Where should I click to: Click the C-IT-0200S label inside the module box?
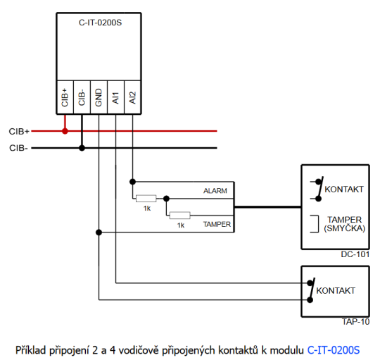coord(100,23)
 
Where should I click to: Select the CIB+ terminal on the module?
coord(65,97)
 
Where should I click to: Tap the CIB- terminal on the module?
coord(82,97)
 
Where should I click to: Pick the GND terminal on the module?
coord(99,97)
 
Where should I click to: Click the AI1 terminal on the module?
coord(116,97)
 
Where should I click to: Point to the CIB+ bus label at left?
coord(19,131)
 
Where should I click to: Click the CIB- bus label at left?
coord(18,148)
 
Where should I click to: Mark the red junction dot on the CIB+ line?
coord(65,131)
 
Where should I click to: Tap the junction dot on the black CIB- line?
coord(82,148)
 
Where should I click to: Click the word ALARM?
coord(215,192)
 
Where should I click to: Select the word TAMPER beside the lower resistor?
coord(216,224)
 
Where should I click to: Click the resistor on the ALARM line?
coord(146,199)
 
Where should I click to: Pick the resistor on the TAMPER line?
coord(180,215)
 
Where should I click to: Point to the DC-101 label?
coord(356,255)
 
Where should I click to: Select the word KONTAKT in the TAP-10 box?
coord(336,290)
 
